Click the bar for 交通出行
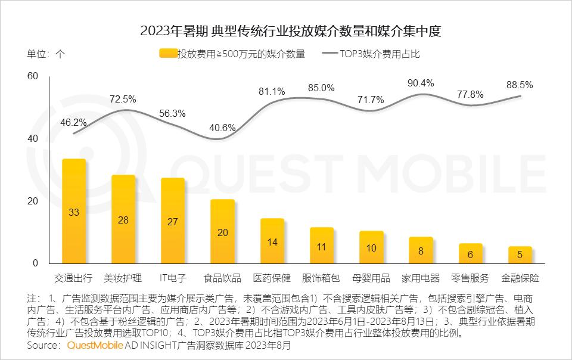pos(74,211)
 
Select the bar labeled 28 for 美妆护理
pos(123,219)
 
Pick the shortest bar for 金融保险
pos(520,255)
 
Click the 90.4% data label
pos(420,83)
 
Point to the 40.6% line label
pos(223,128)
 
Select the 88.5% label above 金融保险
pos(519,85)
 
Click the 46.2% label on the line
pos(74,122)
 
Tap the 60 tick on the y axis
pos(32,76)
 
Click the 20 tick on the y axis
pos(32,201)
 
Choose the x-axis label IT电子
pos(173,278)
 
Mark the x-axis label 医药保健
pos(272,278)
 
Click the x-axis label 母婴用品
pos(371,278)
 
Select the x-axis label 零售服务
pos(470,278)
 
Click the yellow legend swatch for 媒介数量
pos(169,54)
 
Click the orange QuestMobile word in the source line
pos(95,346)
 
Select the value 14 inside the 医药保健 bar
pos(272,242)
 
